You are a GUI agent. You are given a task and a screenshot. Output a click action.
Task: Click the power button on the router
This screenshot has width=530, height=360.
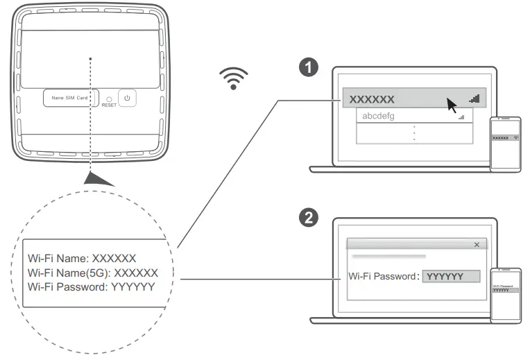click(127, 98)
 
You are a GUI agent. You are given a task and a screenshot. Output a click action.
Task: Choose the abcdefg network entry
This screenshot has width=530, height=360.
click(379, 117)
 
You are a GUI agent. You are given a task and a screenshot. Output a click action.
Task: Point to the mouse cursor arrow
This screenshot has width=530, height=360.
click(452, 105)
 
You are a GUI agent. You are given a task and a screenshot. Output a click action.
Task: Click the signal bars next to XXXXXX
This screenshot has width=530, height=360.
click(474, 98)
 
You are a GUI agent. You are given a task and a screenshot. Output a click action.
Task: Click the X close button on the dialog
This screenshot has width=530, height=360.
click(476, 245)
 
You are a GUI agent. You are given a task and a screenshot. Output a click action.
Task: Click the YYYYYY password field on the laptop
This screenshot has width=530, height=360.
click(451, 276)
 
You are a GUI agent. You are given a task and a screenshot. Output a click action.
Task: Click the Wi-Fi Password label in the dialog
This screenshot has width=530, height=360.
click(384, 276)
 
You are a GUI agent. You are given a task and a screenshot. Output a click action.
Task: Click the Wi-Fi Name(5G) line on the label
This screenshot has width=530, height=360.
click(92, 272)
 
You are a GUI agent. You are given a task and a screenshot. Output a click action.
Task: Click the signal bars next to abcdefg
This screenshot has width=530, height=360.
click(461, 117)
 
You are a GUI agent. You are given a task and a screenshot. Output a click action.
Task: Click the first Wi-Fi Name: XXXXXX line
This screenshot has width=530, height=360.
click(81, 258)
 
